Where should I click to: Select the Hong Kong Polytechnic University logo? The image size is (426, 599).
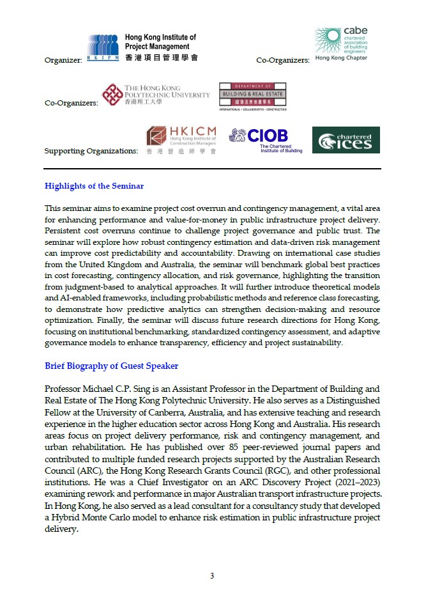click(156, 95)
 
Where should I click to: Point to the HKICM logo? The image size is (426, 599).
click(181, 141)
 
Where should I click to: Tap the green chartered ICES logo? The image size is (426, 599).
click(346, 140)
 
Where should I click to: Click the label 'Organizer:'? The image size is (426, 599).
click(63, 60)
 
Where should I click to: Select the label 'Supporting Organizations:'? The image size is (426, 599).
click(91, 152)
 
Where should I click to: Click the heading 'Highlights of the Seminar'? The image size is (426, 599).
click(94, 186)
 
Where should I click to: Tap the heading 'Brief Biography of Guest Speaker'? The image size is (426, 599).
click(111, 366)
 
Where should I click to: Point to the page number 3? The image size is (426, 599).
click(212, 576)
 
